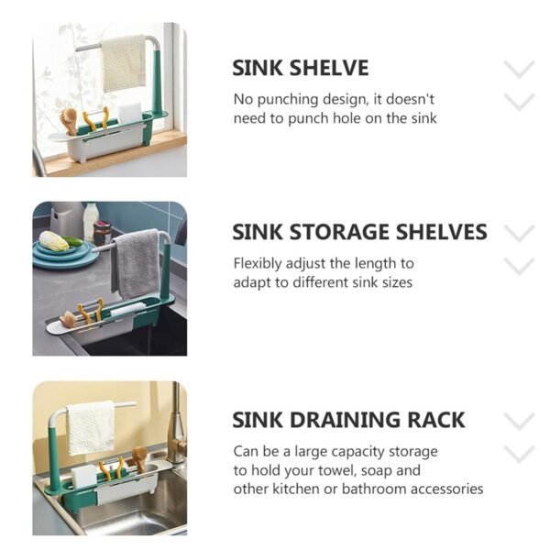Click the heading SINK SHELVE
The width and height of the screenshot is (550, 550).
(x=301, y=68)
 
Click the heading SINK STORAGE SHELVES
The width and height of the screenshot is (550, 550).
(x=359, y=232)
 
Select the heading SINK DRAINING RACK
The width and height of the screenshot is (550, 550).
(x=348, y=420)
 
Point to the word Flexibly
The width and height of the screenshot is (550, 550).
(x=258, y=263)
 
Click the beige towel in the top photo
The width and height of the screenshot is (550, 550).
(x=124, y=64)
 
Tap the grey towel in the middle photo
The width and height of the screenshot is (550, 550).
(x=136, y=261)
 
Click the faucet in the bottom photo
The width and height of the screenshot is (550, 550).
(x=175, y=422)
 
